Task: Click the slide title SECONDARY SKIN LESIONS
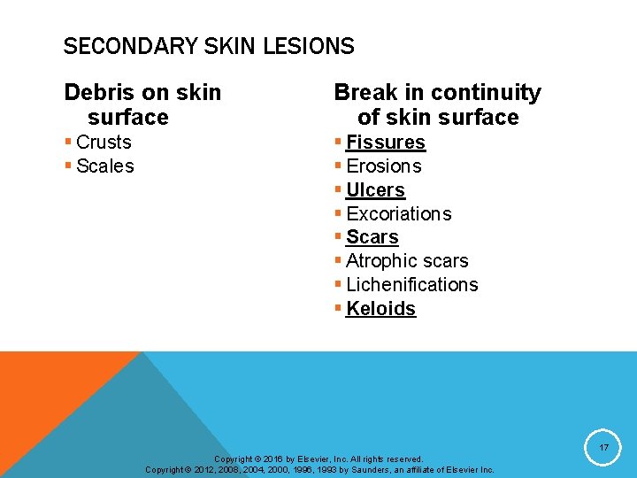209,47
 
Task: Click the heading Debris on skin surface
142,104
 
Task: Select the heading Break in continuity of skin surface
437,104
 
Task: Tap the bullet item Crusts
104,143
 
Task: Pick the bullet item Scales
105,166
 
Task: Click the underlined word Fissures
386,143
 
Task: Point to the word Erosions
384,166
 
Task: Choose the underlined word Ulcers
375,190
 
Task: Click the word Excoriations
399,214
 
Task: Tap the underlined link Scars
372,237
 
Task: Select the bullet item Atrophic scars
407,261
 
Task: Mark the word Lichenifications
412,285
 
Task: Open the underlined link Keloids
380,309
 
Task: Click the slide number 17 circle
603,448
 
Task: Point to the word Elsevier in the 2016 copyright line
302,459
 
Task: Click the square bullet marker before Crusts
68,143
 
